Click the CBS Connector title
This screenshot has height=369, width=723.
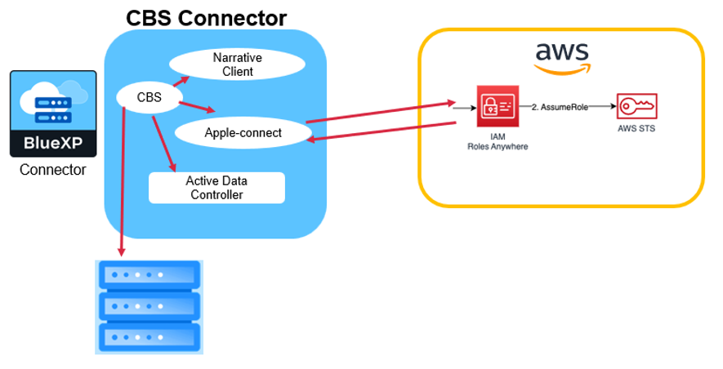[206, 17]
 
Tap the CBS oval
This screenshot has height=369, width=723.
[150, 99]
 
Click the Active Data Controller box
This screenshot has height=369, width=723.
[216, 188]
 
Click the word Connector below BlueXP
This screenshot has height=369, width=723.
[52, 171]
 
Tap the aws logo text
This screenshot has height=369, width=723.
[561, 52]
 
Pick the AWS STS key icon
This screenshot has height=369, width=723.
[637, 106]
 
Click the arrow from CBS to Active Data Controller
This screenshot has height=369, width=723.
[163, 144]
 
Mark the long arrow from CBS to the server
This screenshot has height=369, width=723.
[123, 180]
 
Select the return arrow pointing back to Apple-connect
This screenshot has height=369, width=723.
[380, 132]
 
